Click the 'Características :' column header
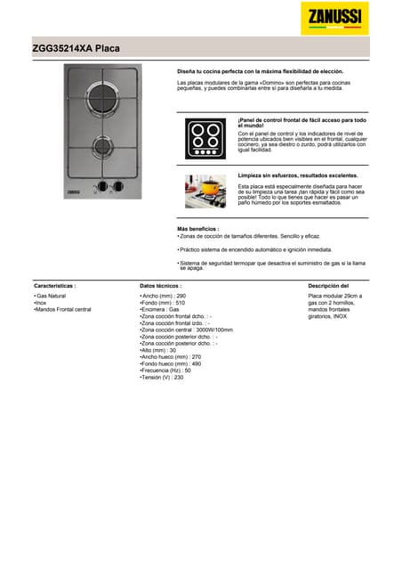(x=54, y=286)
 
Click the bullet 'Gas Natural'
(x=51, y=296)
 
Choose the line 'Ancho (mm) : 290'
(x=164, y=296)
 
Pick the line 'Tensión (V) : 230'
(x=163, y=378)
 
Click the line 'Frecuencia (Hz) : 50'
(x=166, y=370)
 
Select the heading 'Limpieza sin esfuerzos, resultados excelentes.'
(x=297, y=176)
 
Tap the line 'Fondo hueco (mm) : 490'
(x=171, y=363)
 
